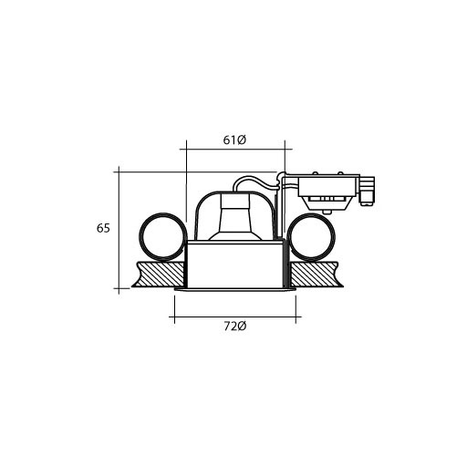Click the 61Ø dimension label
[x=234, y=140]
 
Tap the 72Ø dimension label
[x=235, y=327]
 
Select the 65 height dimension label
[x=103, y=228]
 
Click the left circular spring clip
[x=140, y=236]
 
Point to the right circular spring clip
[x=335, y=236]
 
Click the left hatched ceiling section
[x=158, y=275]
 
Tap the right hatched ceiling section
[x=317, y=275]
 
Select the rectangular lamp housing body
[x=236, y=265]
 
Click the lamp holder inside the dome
[x=235, y=217]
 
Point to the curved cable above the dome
[x=255, y=182]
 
